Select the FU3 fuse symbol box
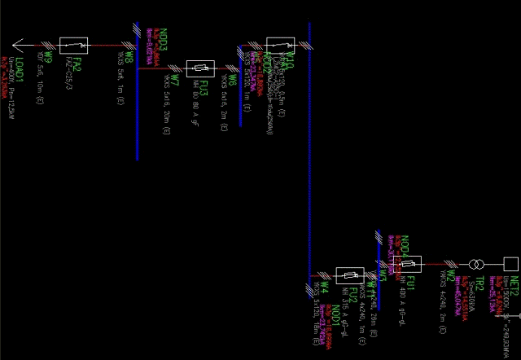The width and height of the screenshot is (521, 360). [x=199, y=68]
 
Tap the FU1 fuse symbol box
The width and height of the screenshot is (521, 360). [x=409, y=263]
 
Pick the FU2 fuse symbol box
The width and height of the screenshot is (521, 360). [x=350, y=275]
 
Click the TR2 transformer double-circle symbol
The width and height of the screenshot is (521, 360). [x=475, y=264]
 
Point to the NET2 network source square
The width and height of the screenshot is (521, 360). [x=510, y=264]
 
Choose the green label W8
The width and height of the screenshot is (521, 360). [x=129, y=58]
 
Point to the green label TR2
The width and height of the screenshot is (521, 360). [x=479, y=283]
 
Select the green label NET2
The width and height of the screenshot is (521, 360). [x=514, y=284]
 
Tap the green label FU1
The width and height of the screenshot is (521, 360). [x=411, y=283]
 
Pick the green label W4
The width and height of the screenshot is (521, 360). [x=324, y=288]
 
